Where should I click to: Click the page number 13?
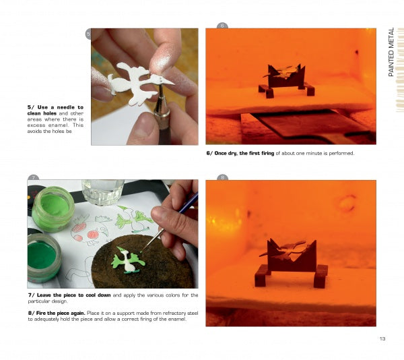382,338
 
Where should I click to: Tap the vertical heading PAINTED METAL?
391,52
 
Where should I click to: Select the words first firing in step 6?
261,153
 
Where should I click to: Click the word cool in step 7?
90,295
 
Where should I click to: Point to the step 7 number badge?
33,177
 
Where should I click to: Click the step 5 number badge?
88,34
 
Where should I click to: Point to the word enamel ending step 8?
179,320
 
